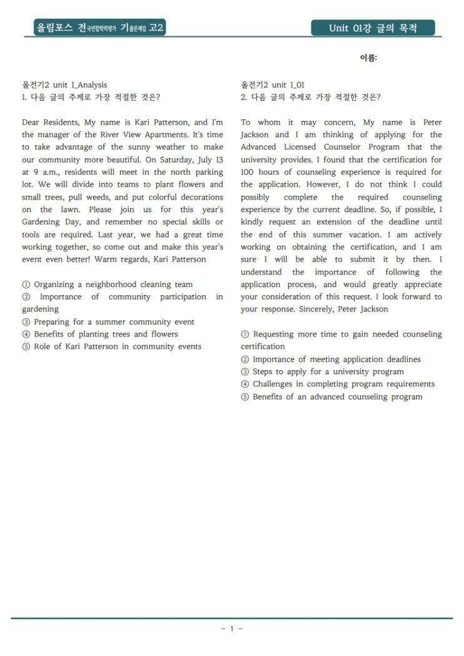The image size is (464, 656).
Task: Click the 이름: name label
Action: click(x=368, y=58)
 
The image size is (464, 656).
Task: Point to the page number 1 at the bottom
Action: click(x=232, y=629)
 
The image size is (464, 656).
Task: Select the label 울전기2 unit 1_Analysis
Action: click(x=64, y=85)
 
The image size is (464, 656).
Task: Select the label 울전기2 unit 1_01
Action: click(x=272, y=85)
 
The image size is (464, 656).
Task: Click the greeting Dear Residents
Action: click(x=45, y=122)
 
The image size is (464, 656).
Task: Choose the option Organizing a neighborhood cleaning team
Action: click(x=112, y=285)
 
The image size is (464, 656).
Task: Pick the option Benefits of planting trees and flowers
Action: click(x=105, y=334)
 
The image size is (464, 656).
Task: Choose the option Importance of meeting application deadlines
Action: click(x=336, y=359)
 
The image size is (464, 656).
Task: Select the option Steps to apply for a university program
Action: click(x=327, y=372)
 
